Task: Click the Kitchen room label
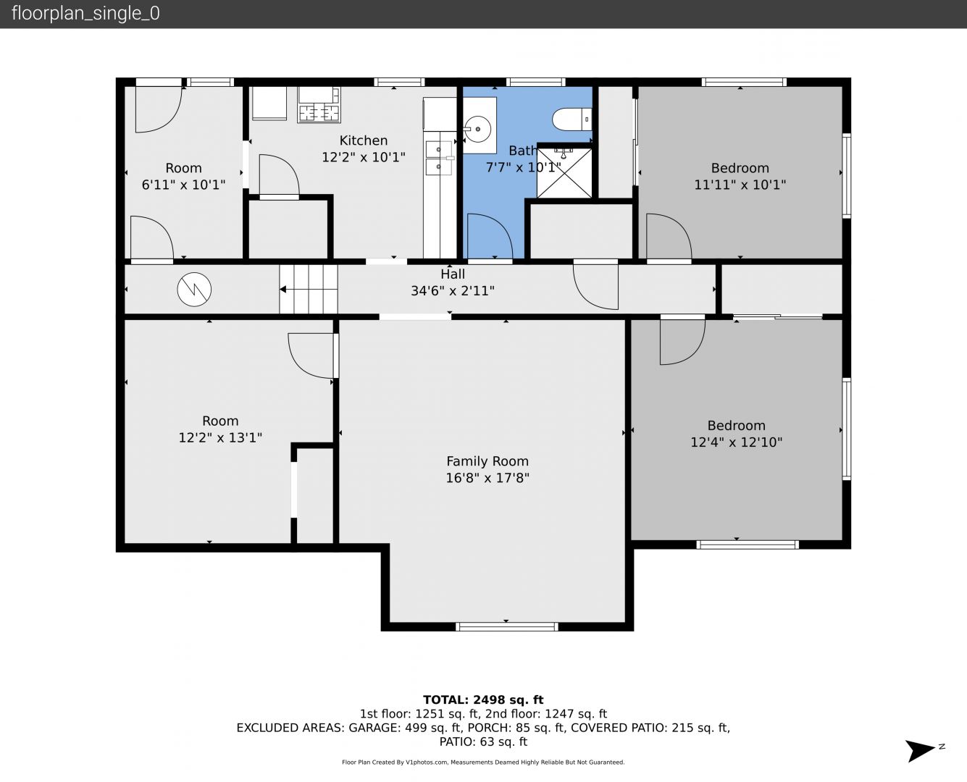point(363,140)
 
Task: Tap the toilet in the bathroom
point(572,119)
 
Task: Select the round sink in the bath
point(477,129)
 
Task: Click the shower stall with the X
point(564,172)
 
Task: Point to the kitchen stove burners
point(319,113)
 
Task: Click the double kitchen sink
point(439,158)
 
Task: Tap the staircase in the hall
point(309,289)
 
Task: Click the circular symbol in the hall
point(194,289)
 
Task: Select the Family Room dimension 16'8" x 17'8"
point(487,478)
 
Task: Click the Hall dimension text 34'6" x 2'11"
point(453,291)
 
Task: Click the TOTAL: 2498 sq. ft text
point(483,700)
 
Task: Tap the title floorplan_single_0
point(85,14)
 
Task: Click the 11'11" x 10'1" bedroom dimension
point(740,185)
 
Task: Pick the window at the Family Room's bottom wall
point(507,627)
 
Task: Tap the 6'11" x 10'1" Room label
point(183,168)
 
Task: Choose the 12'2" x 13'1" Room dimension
point(220,437)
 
